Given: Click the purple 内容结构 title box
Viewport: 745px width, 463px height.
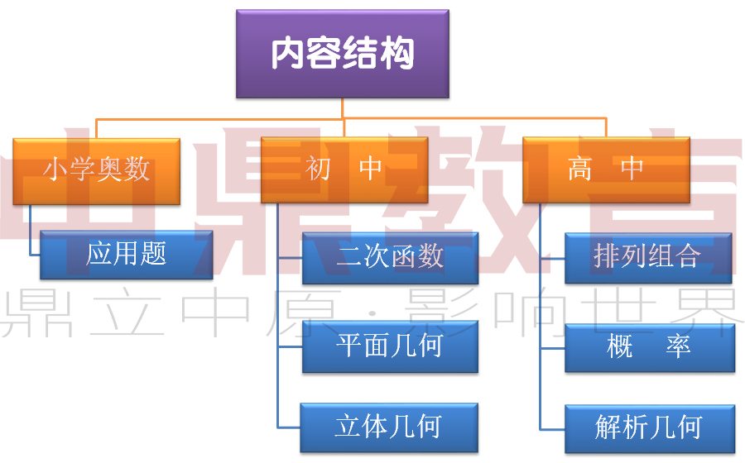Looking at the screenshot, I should click(x=343, y=54).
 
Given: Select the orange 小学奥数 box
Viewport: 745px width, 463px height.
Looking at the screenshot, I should click(x=97, y=170).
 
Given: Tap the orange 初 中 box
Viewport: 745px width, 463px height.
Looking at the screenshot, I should click(x=344, y=170).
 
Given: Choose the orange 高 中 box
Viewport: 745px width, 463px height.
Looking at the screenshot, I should click(x=606, y=170).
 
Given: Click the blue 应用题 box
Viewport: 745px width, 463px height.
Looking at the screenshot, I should click(x=127, y=255).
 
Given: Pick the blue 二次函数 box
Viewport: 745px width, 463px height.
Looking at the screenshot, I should click(x=390, y=258).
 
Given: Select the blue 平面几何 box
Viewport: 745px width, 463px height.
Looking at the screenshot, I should click(x=390, y=346).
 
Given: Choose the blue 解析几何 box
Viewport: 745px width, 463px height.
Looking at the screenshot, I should click(x=650, y=428).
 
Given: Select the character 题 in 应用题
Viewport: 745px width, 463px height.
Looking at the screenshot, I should click(x=153, y=254).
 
